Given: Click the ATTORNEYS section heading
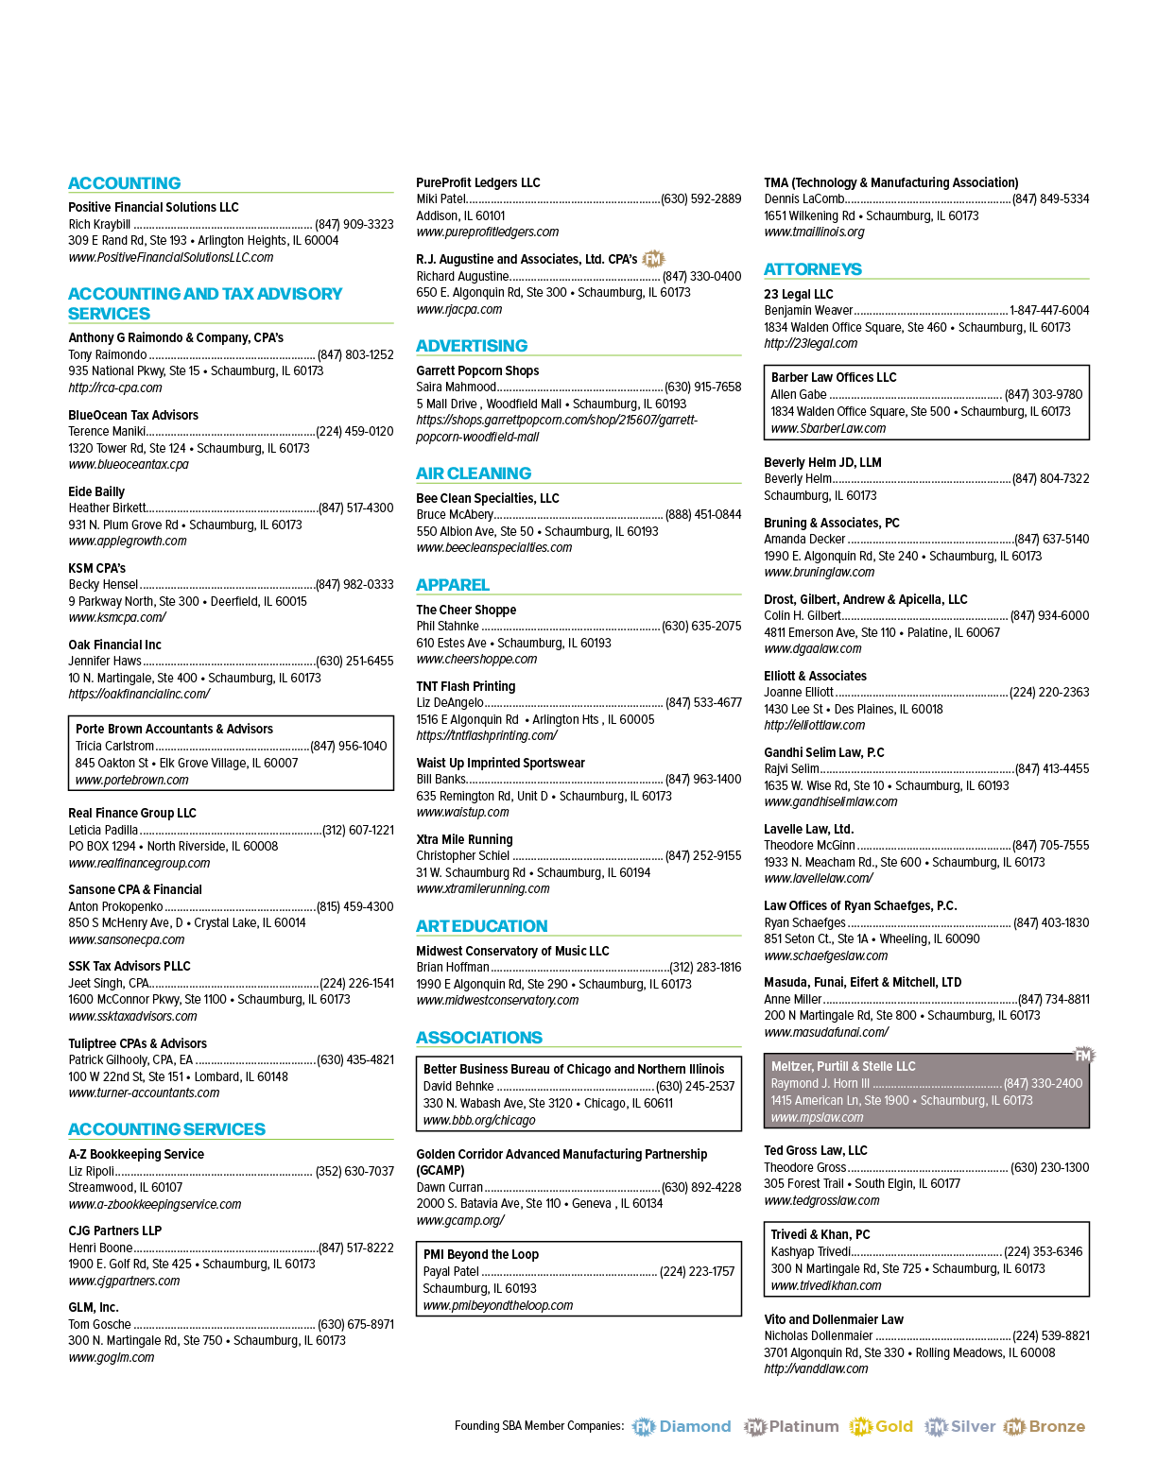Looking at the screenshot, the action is [812, 269].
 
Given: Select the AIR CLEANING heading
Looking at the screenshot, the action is [474, 473].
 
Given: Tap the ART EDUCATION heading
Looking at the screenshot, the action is [481, 925].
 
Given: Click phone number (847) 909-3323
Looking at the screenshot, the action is [354, 224].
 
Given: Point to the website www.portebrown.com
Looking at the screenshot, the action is [132, 780].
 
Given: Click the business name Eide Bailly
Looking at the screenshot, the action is [96, 491].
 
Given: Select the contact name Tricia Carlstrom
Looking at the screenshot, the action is [114, 746].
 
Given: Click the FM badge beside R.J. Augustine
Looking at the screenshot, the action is [653, 259].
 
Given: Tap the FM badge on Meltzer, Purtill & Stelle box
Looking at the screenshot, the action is [1083, 1056].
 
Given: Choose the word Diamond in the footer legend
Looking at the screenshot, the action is [696, 1426].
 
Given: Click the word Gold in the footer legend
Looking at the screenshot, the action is [894, 1426].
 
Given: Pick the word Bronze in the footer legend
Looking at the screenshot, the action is [1057, 1426].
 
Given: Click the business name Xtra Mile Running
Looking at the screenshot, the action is [464, 839].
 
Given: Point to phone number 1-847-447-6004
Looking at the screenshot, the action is [1049, 311].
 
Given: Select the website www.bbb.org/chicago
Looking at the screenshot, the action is [479, 1120].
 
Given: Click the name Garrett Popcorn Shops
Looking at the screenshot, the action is [477, 370].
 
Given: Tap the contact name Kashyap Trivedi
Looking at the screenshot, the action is [811, 1251].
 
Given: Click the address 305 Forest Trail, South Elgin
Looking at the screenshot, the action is [862, 1184].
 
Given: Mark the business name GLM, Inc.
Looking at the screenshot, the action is [94, 1307].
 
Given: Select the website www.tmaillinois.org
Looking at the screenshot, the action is [815, 232].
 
